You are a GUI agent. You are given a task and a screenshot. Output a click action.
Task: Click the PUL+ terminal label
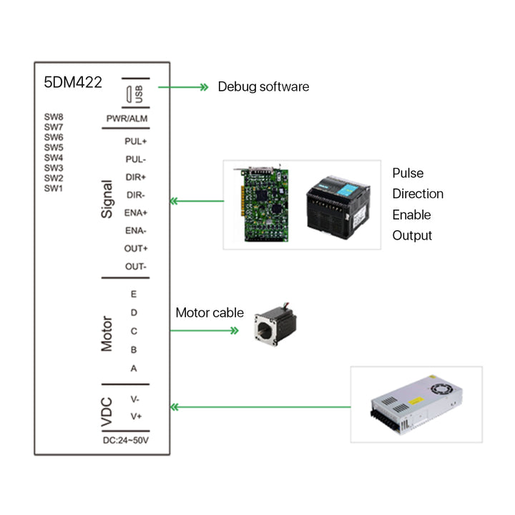(135, 141)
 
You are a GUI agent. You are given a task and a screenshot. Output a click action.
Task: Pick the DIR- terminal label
(135, 195)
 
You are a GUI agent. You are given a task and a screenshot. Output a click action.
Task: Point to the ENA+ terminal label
(135, 212)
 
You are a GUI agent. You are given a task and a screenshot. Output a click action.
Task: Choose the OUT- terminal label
(135, 266)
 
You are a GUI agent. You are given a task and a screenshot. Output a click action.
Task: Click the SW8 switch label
(54, 117)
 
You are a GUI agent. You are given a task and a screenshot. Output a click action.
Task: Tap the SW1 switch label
(54, 188)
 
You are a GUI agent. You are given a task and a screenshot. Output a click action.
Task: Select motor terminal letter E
(134, 294)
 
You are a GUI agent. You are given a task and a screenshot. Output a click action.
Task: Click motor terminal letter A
(134, 368)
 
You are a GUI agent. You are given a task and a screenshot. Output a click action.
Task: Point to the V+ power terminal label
(134, 416)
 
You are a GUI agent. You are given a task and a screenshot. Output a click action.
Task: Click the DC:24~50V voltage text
(125, 440)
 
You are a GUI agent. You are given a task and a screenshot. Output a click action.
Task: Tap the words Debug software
(263, 87)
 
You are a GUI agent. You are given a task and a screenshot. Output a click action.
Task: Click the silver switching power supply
(416, 403)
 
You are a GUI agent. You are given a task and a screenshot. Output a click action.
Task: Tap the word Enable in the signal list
(411, 215)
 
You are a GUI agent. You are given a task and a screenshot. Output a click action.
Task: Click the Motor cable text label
(210, 313)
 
